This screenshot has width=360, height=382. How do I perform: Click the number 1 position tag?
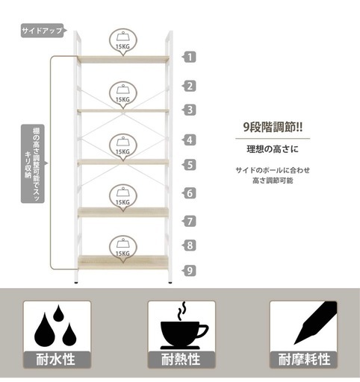point(189,57)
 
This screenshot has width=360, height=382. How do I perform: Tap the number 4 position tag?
point(189,140)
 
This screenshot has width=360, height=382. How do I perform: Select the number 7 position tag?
point(189,221)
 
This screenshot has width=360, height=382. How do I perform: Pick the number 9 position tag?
point(189,270)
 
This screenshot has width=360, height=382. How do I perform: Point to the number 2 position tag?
point(189,86)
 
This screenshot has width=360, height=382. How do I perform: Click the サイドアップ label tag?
point(43,31)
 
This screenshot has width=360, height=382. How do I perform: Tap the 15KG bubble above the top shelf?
point(123,42)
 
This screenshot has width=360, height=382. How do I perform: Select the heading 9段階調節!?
point(273,127)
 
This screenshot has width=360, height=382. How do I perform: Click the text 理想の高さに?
point(273,149)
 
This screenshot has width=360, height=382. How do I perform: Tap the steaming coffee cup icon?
point(184,326)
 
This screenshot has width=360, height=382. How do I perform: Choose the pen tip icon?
point(315,323)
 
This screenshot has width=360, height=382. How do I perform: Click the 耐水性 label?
point(56,360)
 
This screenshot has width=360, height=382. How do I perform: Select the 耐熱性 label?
point(181,360)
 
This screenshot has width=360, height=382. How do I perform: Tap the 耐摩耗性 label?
point(304,360)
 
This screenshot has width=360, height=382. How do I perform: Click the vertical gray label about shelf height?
point(34,163)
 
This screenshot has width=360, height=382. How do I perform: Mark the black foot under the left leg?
point(76,283)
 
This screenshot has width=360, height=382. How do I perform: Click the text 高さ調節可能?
point(273,181)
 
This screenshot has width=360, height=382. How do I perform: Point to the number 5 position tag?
point(189,165)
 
